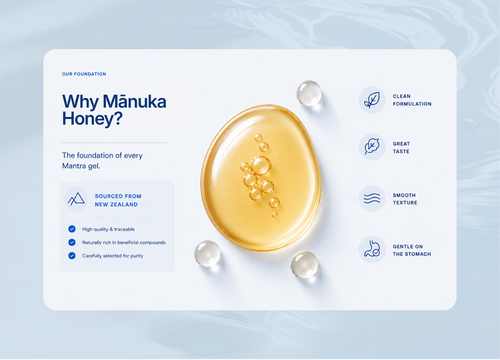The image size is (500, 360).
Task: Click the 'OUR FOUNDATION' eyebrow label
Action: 84,74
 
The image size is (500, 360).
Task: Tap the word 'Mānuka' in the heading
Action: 134,101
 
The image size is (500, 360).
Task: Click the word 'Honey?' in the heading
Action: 92,119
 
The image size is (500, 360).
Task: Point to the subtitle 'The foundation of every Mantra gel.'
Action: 102,160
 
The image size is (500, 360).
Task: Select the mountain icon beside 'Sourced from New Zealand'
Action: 76,199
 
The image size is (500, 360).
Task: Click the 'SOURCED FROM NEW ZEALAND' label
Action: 118,200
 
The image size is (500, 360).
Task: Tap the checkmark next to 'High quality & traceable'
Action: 72,229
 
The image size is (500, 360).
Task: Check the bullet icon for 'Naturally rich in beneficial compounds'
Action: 72,242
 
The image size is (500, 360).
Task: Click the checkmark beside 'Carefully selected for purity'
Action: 72,256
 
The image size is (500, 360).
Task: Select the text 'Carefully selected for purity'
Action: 113,256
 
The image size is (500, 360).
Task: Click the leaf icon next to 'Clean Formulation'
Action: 372,100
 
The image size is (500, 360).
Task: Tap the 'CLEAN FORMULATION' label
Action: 412,100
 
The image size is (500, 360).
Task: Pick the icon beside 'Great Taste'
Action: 372,147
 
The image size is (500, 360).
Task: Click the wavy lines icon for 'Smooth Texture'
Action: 372,198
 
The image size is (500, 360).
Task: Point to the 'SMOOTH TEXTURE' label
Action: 405,199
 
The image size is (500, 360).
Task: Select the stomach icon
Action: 372,249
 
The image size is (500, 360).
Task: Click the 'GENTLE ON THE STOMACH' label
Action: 412,250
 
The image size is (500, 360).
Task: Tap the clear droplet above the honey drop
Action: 309,93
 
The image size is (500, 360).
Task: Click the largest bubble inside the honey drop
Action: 260,165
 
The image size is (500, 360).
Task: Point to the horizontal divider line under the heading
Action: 114,143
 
